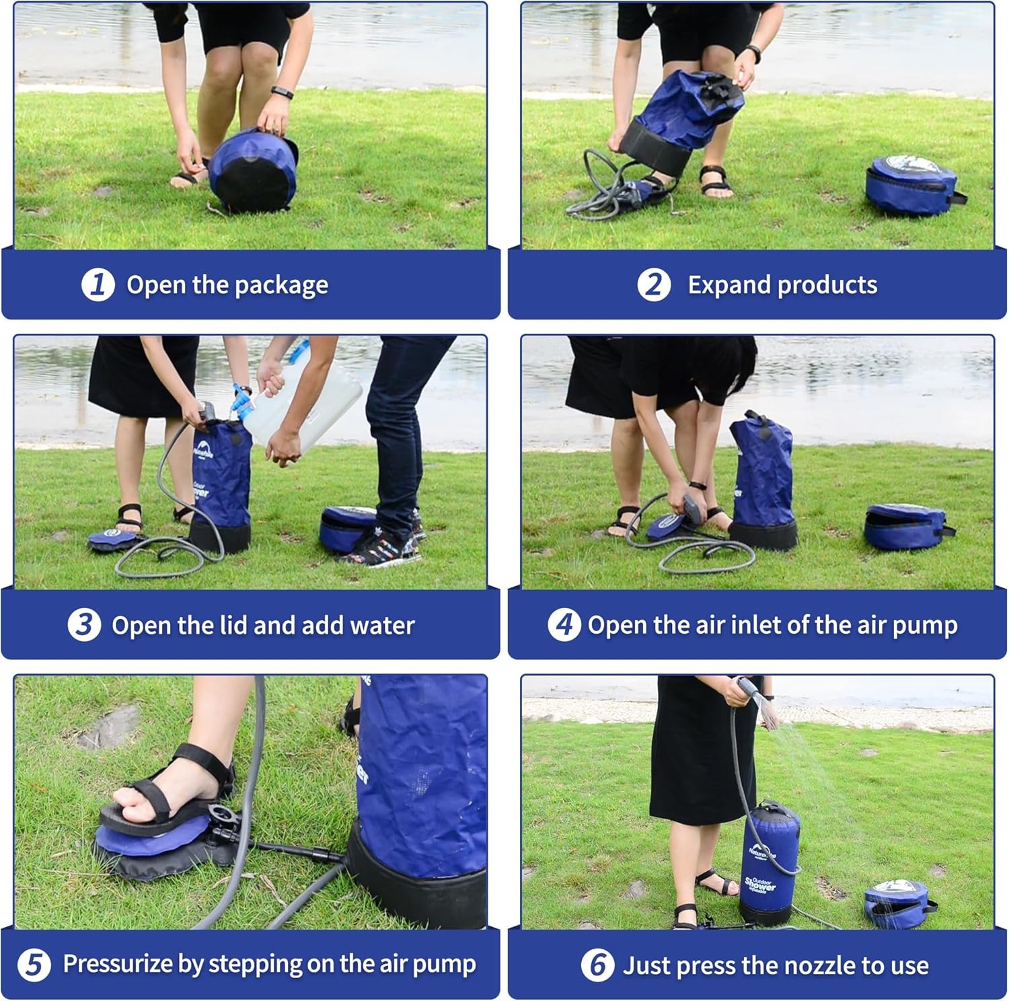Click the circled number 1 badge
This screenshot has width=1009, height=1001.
click(98, 285)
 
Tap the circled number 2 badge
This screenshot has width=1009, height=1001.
click(654, 285)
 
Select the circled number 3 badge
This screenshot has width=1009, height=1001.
click(84, 625)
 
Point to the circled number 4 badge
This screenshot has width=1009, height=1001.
click(564, 625)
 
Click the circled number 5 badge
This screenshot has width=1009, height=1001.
click(33, 965)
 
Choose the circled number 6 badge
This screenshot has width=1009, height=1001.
click(597, 965)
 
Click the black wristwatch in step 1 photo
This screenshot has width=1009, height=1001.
click(282, 93)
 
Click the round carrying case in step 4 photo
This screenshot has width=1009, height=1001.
click(906, 527)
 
